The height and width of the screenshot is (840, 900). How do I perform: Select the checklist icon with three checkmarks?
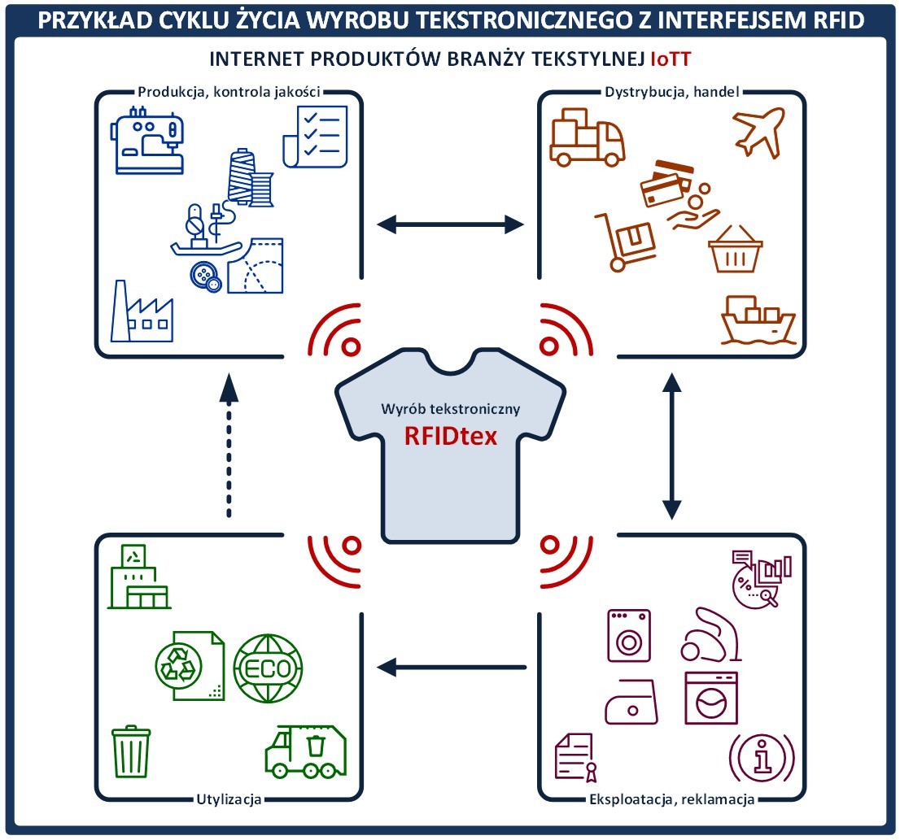point(312,137)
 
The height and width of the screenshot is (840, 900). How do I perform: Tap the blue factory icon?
point(142,313)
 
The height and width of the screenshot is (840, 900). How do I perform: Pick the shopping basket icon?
point(736,249)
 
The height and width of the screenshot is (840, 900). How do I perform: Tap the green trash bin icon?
point(130,751)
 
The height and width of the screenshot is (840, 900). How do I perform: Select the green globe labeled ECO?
point(268,668)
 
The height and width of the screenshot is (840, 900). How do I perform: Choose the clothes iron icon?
point(630,700)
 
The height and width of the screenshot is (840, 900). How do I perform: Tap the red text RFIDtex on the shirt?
point(451,436)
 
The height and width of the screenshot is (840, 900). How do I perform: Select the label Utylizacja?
point(229,799)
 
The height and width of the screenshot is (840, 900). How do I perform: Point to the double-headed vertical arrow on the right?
point(671,446)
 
